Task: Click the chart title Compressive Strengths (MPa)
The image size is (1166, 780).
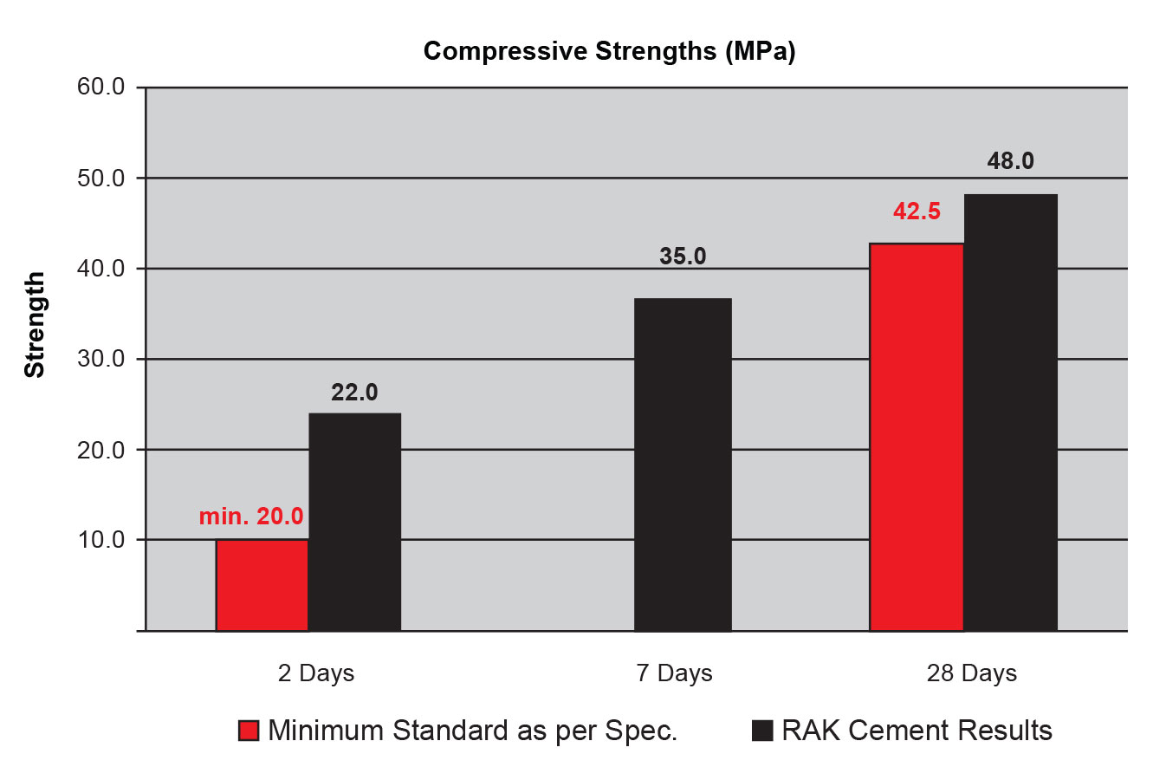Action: click(x=609, y=51)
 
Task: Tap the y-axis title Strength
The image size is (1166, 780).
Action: click(x=35, y=325)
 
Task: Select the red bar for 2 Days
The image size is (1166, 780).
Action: click(x=262, y=585)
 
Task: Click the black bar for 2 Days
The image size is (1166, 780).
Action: click(x=354, y=522)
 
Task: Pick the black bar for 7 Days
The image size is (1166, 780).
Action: click(x=683, y=465)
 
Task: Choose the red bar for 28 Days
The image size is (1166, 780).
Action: click(x=916, y=437)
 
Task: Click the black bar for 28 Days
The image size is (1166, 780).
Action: click(x=1010, y=413)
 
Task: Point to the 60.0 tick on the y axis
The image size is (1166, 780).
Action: click(x=101, y=88)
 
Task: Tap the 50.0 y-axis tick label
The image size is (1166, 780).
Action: click(x=101, y=179)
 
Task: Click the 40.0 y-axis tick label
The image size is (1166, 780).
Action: click(x=101, y=269)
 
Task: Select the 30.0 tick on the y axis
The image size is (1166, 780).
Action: click(x=101, y=359)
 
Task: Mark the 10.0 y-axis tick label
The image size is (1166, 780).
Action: click(x=101, y=540)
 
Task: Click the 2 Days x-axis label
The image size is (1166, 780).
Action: click(x=316, y=673)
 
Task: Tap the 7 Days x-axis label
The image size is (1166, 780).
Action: click(x=674, y=673)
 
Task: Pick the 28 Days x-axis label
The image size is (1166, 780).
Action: click(x=971, y=673)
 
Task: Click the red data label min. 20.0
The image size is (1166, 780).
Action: click(x=251, y=517)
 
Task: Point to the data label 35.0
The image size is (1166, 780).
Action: click(x=683, y=257)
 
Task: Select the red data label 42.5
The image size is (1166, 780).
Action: click(x=917, y=211)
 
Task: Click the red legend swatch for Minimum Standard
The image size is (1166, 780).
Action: click(x=249, y=731)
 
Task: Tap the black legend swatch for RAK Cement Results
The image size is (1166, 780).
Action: click(x=761, y=731)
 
